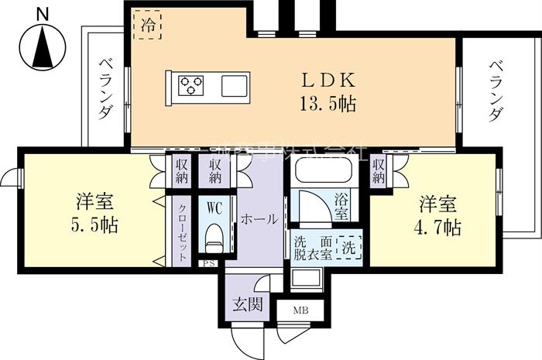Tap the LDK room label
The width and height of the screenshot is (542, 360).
point(329,81)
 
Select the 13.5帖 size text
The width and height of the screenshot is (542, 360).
point(329,105)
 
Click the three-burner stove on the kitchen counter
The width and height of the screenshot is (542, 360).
point(191,84)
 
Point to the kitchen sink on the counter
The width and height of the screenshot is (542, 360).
point(235,85)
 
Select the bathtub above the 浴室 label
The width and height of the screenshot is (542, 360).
point(324,172)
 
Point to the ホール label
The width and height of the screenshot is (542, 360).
point(259,219)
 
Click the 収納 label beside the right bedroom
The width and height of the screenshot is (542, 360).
point(379,170)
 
